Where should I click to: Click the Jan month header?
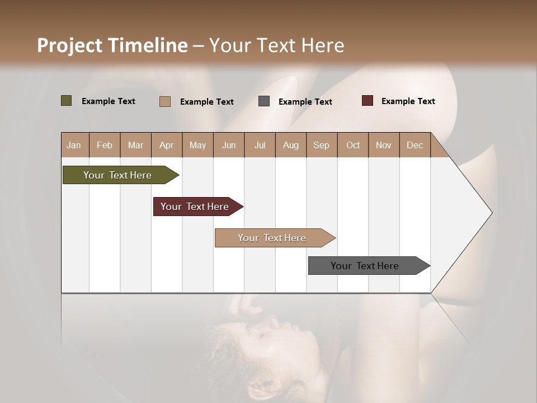[x=74, y=145]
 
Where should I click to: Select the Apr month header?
[x=166, y=145]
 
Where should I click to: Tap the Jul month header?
[x=260, y=145]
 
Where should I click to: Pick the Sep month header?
[x=321, y=145]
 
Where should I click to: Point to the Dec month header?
[x=414, y=145]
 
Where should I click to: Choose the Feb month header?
[x=105, y=145]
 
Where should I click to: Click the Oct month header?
[x=353, y=145]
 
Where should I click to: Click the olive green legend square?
[x=66, y=101]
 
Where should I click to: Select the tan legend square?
[x=165, y=101]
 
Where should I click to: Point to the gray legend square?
[x=264, y=101]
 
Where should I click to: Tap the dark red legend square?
[x=368, y=101]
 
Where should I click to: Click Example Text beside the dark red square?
[x=408, y=101]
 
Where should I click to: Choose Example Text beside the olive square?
[x=109, y=101]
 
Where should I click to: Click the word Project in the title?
[x=70, y=45]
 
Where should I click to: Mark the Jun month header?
[x=229, y=145]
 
